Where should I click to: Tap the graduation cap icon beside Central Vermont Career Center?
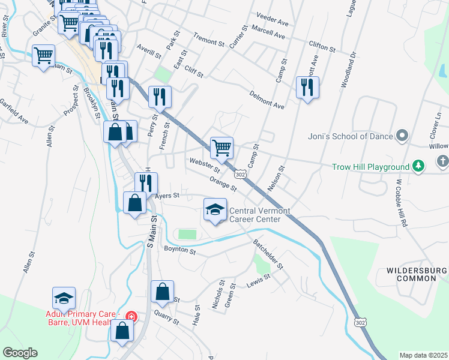[x=215, y=209]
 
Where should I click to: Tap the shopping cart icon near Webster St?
[x=221, y=146]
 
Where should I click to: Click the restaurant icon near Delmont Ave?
[x=307, y=87]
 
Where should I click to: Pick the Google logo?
[x=19, y=352]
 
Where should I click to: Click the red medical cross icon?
[x=131, y=316]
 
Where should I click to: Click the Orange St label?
[x=223, y=184]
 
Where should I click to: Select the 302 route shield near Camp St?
[x=240, y=173]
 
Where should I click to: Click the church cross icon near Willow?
[x=442, y=161]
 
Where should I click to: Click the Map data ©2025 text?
[x=423, y=355]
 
